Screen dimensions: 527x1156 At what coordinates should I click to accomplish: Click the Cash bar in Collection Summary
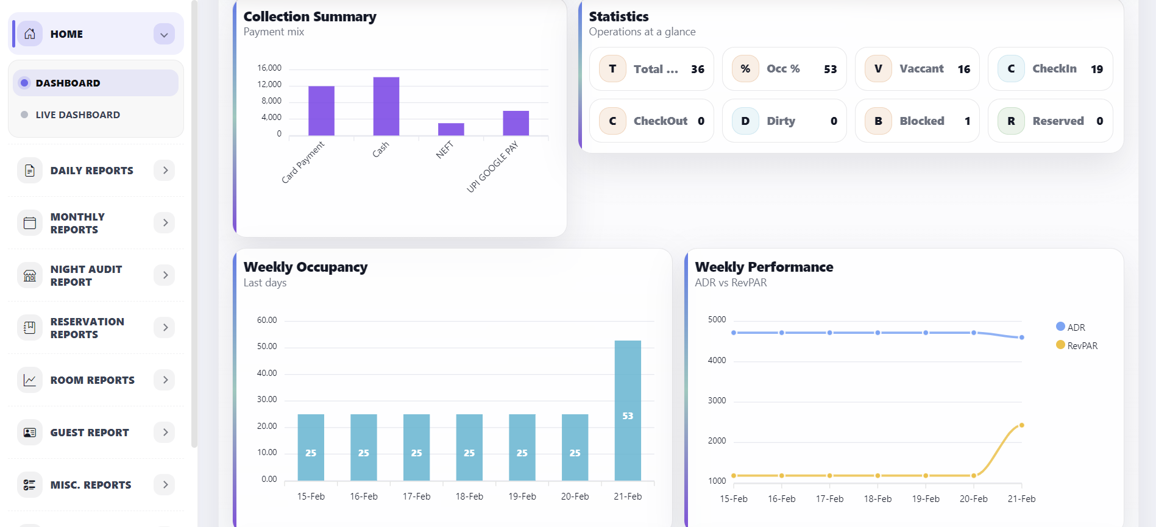click(386, 107)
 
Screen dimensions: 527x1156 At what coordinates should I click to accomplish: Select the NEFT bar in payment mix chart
click(451, 129)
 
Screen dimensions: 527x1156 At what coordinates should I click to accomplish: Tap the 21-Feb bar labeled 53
click(628, 411)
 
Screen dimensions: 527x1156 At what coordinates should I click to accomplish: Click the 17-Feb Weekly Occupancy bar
click(416, 447)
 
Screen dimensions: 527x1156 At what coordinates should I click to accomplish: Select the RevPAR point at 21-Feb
click(1021, 425)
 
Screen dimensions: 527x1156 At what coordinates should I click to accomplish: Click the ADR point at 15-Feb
click(734, 333)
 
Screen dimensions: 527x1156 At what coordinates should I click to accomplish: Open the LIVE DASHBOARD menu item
click(77, 115)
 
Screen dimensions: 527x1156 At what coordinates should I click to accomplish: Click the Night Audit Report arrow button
click(165, 275)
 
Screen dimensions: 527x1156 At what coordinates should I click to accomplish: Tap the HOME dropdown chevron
click(164, 35)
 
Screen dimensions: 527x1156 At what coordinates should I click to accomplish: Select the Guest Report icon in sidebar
click(30, 433)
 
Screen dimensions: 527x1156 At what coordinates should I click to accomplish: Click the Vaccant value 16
click(963, 69)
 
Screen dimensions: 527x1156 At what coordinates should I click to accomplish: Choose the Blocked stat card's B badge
click(878, 121)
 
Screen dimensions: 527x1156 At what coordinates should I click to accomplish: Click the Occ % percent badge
click(745, 69)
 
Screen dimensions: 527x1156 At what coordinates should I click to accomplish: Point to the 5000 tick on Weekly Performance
click(717, 319)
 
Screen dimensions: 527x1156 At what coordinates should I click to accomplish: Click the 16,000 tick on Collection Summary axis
click(269, 68)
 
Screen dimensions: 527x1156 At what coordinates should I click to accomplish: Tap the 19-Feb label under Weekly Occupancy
click(522, 497)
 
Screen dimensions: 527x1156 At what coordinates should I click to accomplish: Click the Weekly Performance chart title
click(764, 267)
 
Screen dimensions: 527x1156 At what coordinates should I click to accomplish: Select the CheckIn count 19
click(1096, 69)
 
